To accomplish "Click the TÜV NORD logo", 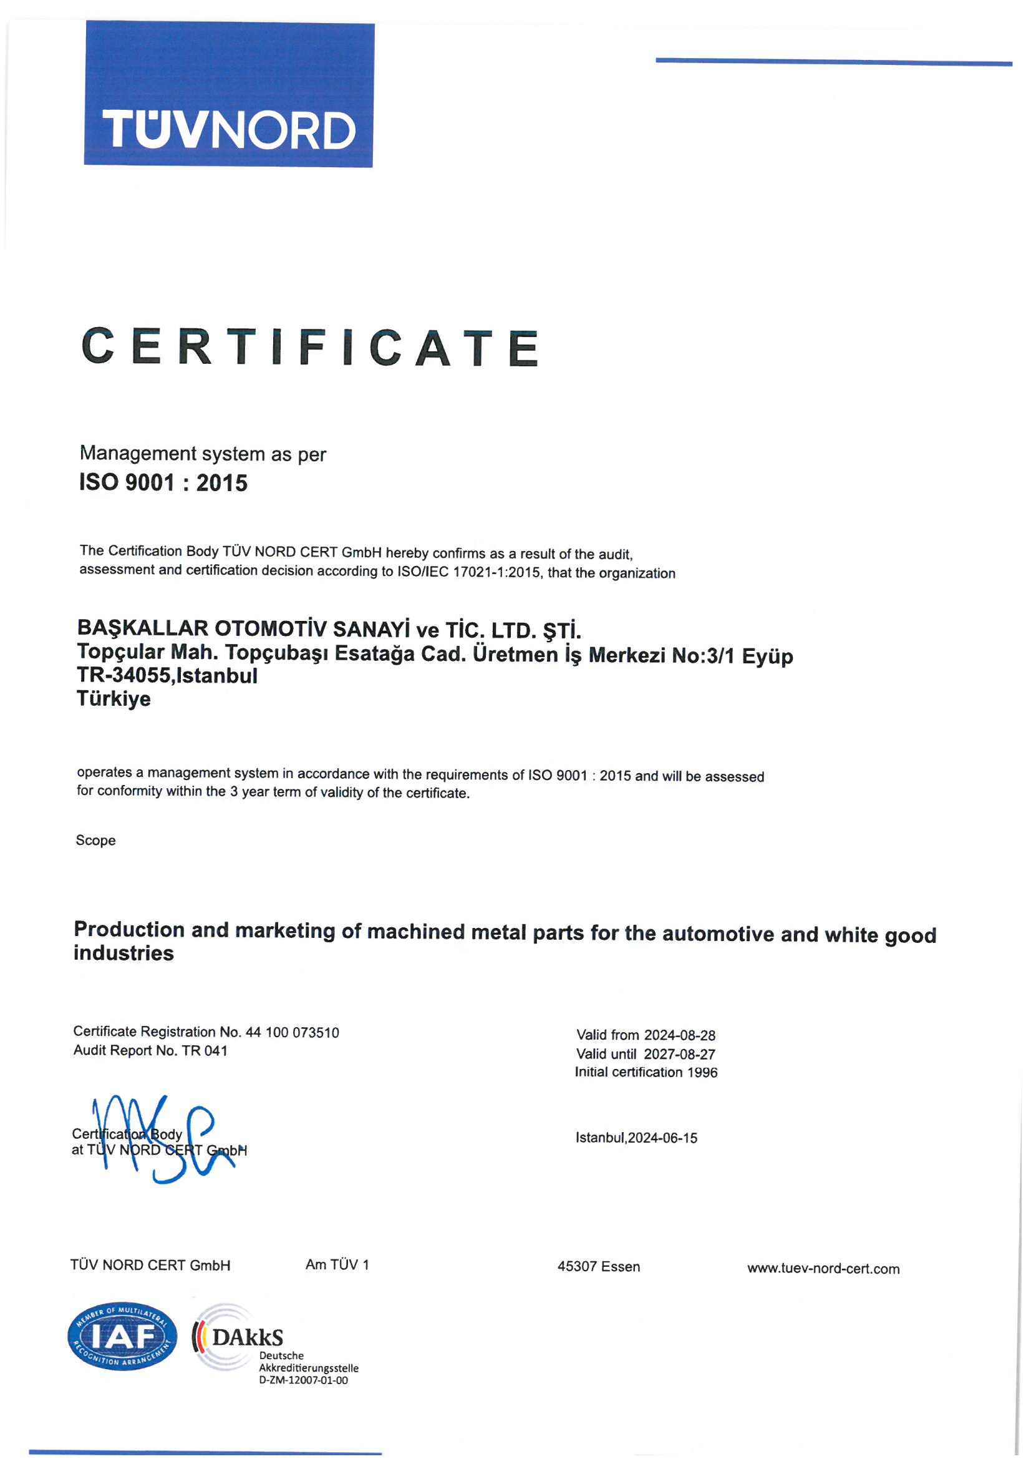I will (229, 95).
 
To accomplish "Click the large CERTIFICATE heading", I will (310, 347).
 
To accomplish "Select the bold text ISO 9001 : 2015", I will (163, 484).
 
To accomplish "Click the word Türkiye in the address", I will (114, 699).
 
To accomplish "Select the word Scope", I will (95, 841).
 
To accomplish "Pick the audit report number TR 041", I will (205, 1051).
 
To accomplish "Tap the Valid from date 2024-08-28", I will (680, 1036).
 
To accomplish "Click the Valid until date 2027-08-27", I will (680, 1055).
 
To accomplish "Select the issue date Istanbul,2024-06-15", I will (637, 1138).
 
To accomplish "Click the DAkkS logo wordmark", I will (247, 1338).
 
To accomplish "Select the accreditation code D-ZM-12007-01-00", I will (304, 1380).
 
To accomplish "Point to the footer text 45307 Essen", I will (598, 1267).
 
